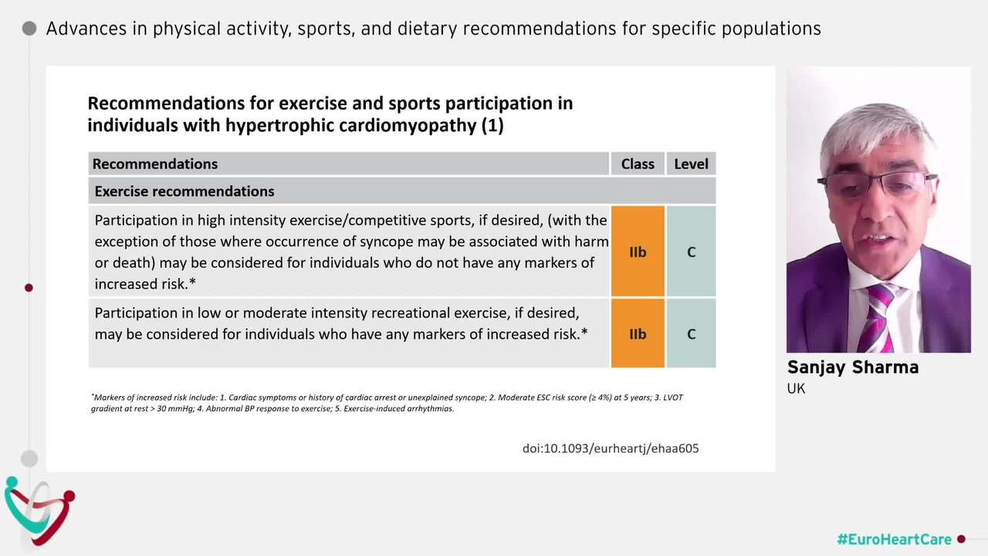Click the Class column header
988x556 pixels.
pyautogui.click(x=637, y=164)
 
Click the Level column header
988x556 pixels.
pyautogui.click(x=691, y=164)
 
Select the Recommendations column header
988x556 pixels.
pyautogui.click(x=155, y=164)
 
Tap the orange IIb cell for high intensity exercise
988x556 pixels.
pyautogui.click(x=638, y=252)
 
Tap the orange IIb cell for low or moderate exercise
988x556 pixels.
pyautogui.click(x=638, y=334)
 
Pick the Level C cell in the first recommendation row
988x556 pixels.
pyautogui.click(x=691, y=252)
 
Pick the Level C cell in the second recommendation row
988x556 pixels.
pyautogui.click(x=691, y=334)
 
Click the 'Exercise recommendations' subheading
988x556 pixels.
pyautogui.click(x=184, y=191)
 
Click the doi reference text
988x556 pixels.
pyautogui.click(x=610, y=448)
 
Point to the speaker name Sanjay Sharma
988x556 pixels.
pyautogui.click(x=852, y=368)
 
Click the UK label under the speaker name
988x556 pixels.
pyautogui.click(x=796, y=388)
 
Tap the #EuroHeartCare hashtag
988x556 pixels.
pyautogui.click(x=894, y=539)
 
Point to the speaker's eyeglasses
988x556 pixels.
pyautogui.click(x=878, y=185)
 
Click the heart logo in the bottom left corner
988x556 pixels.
pyautogui.click(x=39, y=510)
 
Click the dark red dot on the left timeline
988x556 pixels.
pyautogui.click(x=29, y=287)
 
